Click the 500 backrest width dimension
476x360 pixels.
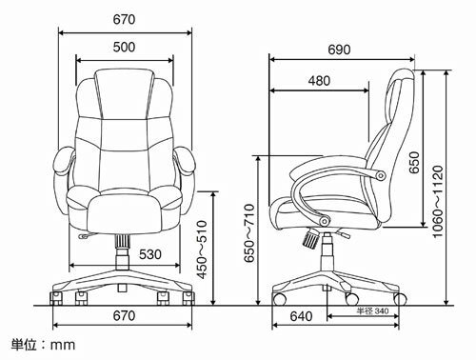pyautogui.click(x=124, y=47)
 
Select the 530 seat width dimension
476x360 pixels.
pyautogui.click(x=150, y=254)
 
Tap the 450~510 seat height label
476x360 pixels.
pyautogui.click(x=202, y=250)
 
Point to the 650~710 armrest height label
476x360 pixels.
pyautogui.click(x=249, y=233)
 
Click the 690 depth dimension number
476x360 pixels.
pyautogui.click(x=339, y=50)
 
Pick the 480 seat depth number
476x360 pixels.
pyautogui.click(x=319, y=81)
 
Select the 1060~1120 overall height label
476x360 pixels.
pyautogui.click(x=438, y=201)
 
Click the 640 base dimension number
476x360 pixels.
pyautogui.click(x=301, y=316)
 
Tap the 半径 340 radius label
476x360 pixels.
pyautogui.click(x=372, y=310)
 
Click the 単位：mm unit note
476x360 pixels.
pyautogui.click(x=44, y=345)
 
